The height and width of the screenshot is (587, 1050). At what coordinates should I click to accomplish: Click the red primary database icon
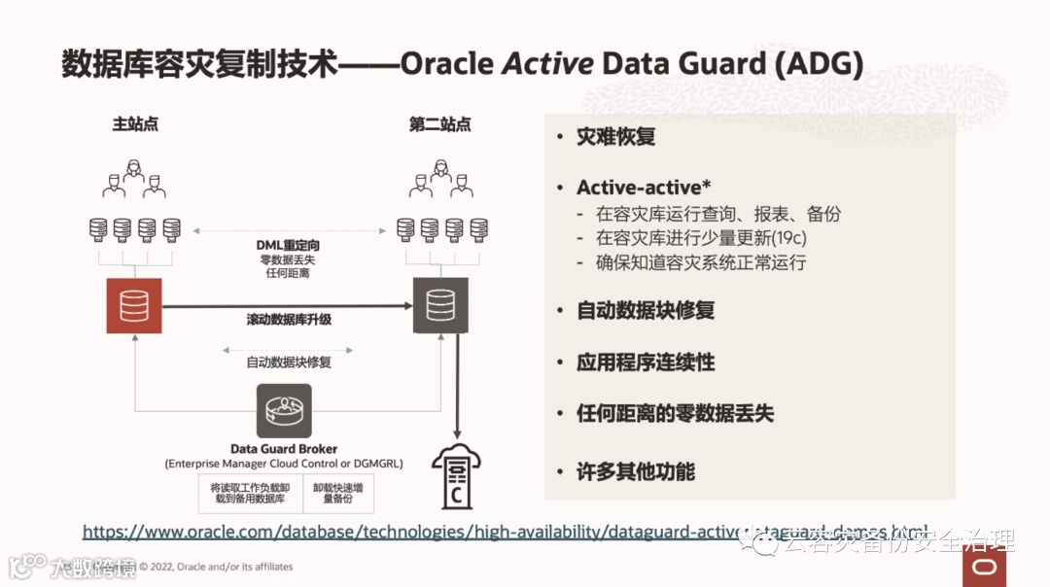(x=134, y=305)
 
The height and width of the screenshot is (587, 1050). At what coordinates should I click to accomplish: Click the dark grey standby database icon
(x=440, y=305)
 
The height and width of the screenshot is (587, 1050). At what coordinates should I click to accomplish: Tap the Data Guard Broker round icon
(x=284, y=411)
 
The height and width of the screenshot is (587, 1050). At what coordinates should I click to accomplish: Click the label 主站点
(x=135, y=125)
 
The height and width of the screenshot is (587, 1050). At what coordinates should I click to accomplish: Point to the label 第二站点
(x=439, y=125)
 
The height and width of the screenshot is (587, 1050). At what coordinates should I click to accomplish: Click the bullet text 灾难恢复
(x=615, y=137)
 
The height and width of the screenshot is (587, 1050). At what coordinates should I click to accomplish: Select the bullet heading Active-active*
(x=638, y=188)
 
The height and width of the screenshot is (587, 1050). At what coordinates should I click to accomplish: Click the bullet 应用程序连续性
(x=646, y=363)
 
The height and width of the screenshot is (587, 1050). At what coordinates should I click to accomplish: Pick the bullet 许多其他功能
(x=635, y=472)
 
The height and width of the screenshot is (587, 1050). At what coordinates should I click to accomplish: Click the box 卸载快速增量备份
(x=338, y=491)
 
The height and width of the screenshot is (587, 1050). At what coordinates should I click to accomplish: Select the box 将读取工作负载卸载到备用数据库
(x=249, y=491)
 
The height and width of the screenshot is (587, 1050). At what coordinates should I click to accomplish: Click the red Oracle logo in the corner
(x=984, y=568)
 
